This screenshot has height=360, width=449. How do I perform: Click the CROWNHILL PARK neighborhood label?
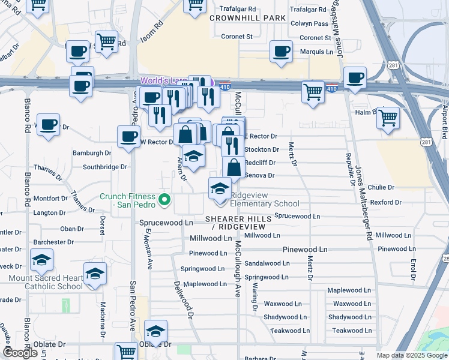247,18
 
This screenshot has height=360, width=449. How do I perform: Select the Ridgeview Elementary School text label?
265,199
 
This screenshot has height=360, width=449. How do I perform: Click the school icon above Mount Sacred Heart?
41,260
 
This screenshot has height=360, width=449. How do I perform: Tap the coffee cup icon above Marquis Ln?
280,52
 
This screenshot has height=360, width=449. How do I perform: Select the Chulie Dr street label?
381,187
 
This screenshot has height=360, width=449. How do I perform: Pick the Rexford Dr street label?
381,202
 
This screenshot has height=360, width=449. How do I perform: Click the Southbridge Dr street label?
105,167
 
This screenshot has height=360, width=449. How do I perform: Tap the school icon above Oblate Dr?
155,331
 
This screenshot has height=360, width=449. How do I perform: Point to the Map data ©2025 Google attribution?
411,355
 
